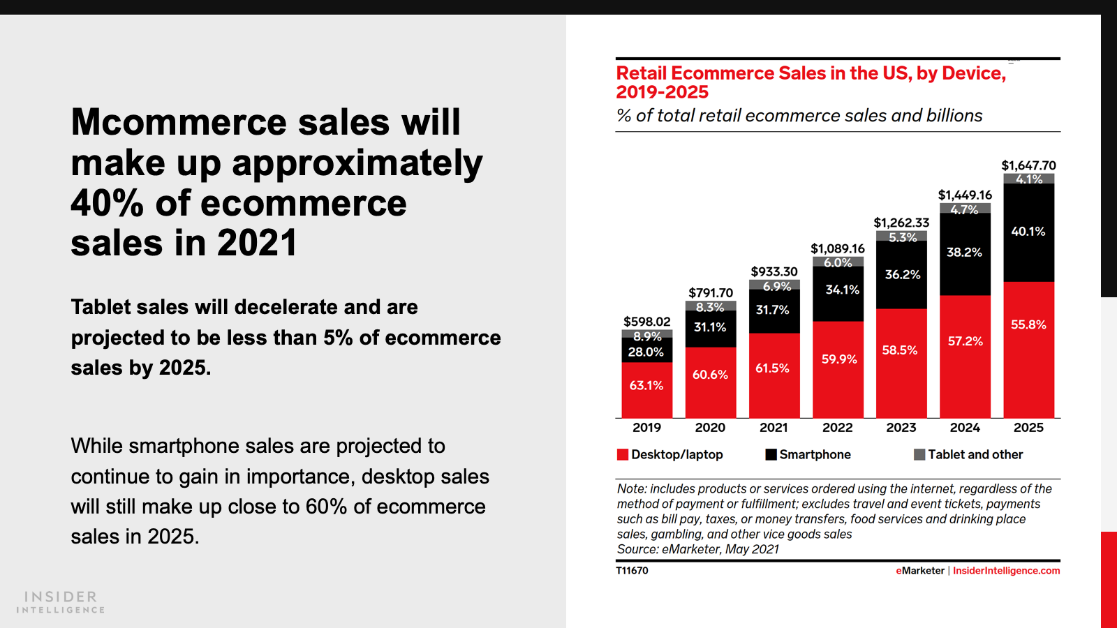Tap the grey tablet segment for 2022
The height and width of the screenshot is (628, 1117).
(838, 262)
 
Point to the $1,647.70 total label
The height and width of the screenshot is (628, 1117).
(1028, 165)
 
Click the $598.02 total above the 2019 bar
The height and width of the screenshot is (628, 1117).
(646, 322)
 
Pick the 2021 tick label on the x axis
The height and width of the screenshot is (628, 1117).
(774, 428)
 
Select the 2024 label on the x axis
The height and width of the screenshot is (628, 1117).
(965, 428)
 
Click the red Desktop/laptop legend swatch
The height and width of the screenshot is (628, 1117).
(623, 455)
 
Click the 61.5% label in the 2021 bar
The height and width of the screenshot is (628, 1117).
(772, 368)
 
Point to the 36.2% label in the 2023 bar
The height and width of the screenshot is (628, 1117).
(902, 275)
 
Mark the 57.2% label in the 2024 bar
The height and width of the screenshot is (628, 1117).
(965, 341)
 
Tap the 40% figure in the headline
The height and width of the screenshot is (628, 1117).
(107, 204)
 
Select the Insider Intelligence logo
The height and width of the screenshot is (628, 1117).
(61, 601)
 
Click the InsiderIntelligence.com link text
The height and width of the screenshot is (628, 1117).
(1006, 571)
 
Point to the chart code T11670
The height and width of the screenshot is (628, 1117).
(632, 571)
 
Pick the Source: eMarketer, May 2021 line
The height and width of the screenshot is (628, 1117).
(697, 549)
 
